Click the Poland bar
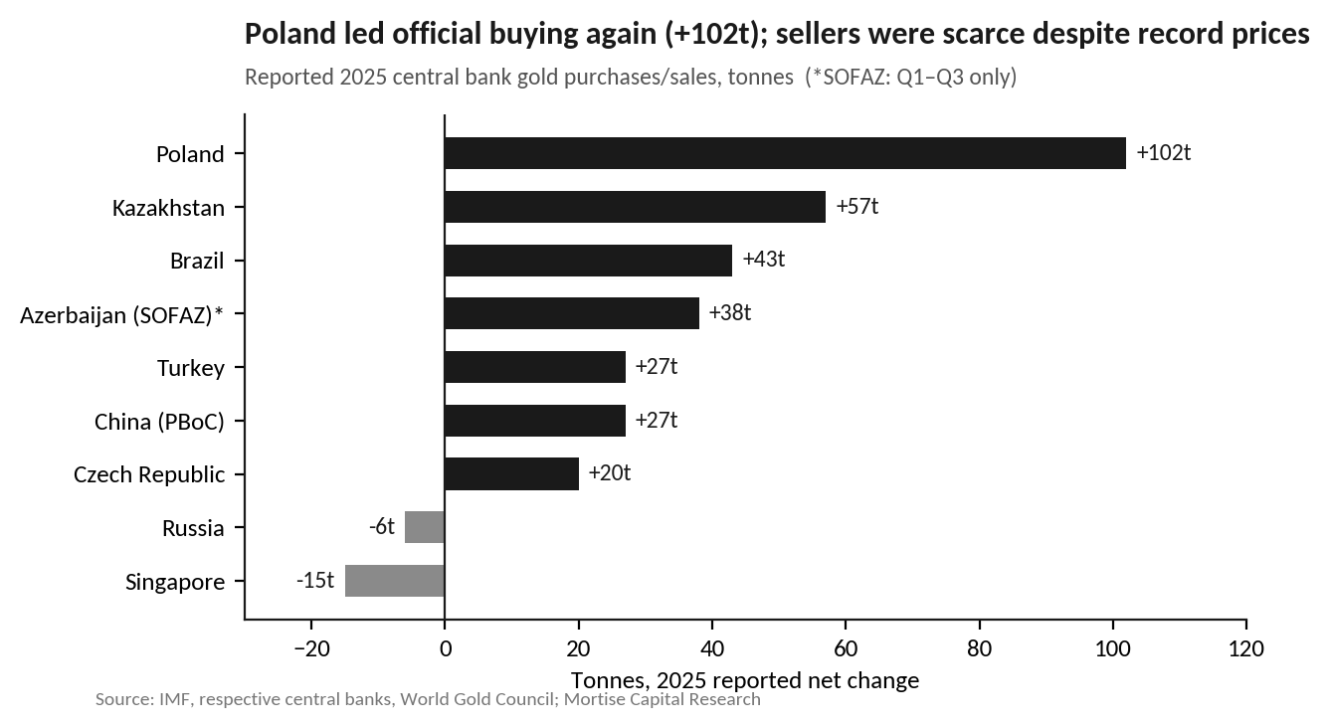click(x=785, y=153)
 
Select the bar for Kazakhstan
click(x=635, y=207)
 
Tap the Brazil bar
click(x=588, y=260)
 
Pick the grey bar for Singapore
click(x=395, y=581)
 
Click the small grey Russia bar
click(x=425, y=527)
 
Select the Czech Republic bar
click(x=511, y=473)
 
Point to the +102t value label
click(x=1164, y=152)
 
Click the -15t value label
click(x=315, y=580)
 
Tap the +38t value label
click(x=730, y=312)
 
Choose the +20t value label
click(x=610, y=472)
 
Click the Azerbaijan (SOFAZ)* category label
click(x=122, y=315)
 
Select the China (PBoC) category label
click(x=159, y=422)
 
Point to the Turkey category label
click(x=191, y=368)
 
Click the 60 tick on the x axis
click(x=846, y=648)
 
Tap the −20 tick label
click(x=311, y=648)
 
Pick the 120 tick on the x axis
click(x=1245, y=648)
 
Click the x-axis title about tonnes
click(x=745, y=680)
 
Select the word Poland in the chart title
click(x=290, y=34)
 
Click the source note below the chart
click(x=428, y=699)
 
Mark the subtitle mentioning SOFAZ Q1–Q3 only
click(x=631, y=78)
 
